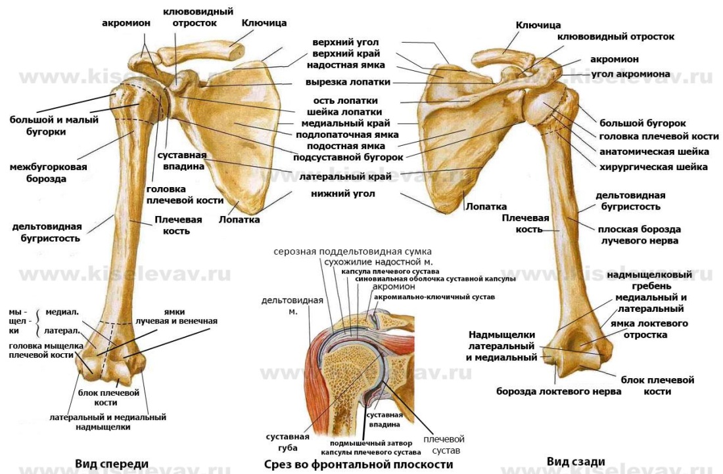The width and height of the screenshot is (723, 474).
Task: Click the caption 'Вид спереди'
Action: click(x=111, y=464)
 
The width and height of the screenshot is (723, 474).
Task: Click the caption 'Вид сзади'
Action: click(x=576, y=462)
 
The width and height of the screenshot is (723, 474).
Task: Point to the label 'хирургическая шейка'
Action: click(x=653, y=167)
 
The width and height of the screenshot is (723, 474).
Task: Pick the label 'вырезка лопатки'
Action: click(x=348, y=82)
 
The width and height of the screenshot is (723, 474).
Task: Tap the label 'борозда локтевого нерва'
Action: click(x=558, y=391)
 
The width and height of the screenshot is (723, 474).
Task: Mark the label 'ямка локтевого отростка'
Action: click(x=647, y=329)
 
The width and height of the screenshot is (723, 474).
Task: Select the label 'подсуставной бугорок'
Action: click(x=348, y=157)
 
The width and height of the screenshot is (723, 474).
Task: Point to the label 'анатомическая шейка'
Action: click(x=653, y=152)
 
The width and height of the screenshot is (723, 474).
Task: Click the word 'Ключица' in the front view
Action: click(x=264, y=23)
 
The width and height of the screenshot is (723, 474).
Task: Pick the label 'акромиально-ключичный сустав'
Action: click(x=434, y=297)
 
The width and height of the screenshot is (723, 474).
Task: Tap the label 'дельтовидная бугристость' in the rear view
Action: click(x=630, y=201)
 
